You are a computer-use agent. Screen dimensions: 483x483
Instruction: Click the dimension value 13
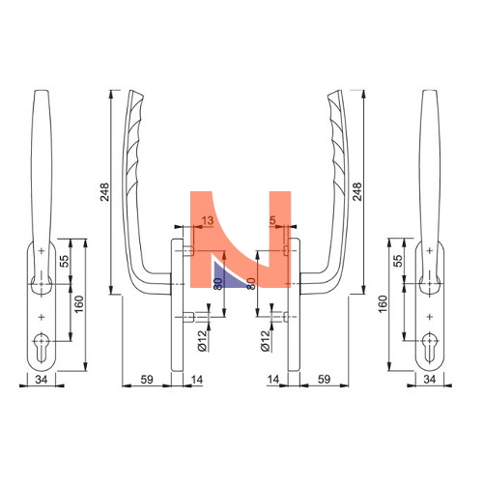tap(208, 220)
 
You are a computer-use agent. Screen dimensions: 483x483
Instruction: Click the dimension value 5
tap(272, 220)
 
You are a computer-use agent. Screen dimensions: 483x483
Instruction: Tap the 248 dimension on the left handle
tap(104, 192)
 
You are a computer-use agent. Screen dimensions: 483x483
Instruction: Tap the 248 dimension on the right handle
tap(357, 192)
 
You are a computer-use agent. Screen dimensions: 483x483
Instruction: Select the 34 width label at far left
tap(42, 380)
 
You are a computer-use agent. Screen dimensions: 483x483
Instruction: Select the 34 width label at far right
tap(430, 380)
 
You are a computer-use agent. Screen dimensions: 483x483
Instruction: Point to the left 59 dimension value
tap(147, 380)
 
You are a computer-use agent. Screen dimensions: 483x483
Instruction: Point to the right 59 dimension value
tap(324, 380)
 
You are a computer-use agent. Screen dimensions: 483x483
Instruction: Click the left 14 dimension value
tap(197, 380)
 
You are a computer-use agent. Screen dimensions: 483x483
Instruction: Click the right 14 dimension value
tap(273, 380)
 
